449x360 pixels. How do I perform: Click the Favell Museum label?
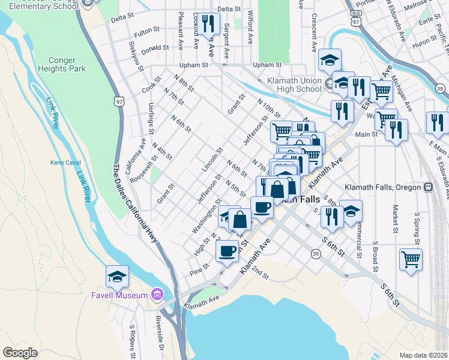119,295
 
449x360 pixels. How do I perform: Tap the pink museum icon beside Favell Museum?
157,294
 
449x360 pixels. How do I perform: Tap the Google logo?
20,353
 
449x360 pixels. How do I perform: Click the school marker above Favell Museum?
118,276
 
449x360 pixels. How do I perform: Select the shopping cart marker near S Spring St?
411,260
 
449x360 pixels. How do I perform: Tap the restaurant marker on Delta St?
207,25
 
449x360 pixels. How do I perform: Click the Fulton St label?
146,29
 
